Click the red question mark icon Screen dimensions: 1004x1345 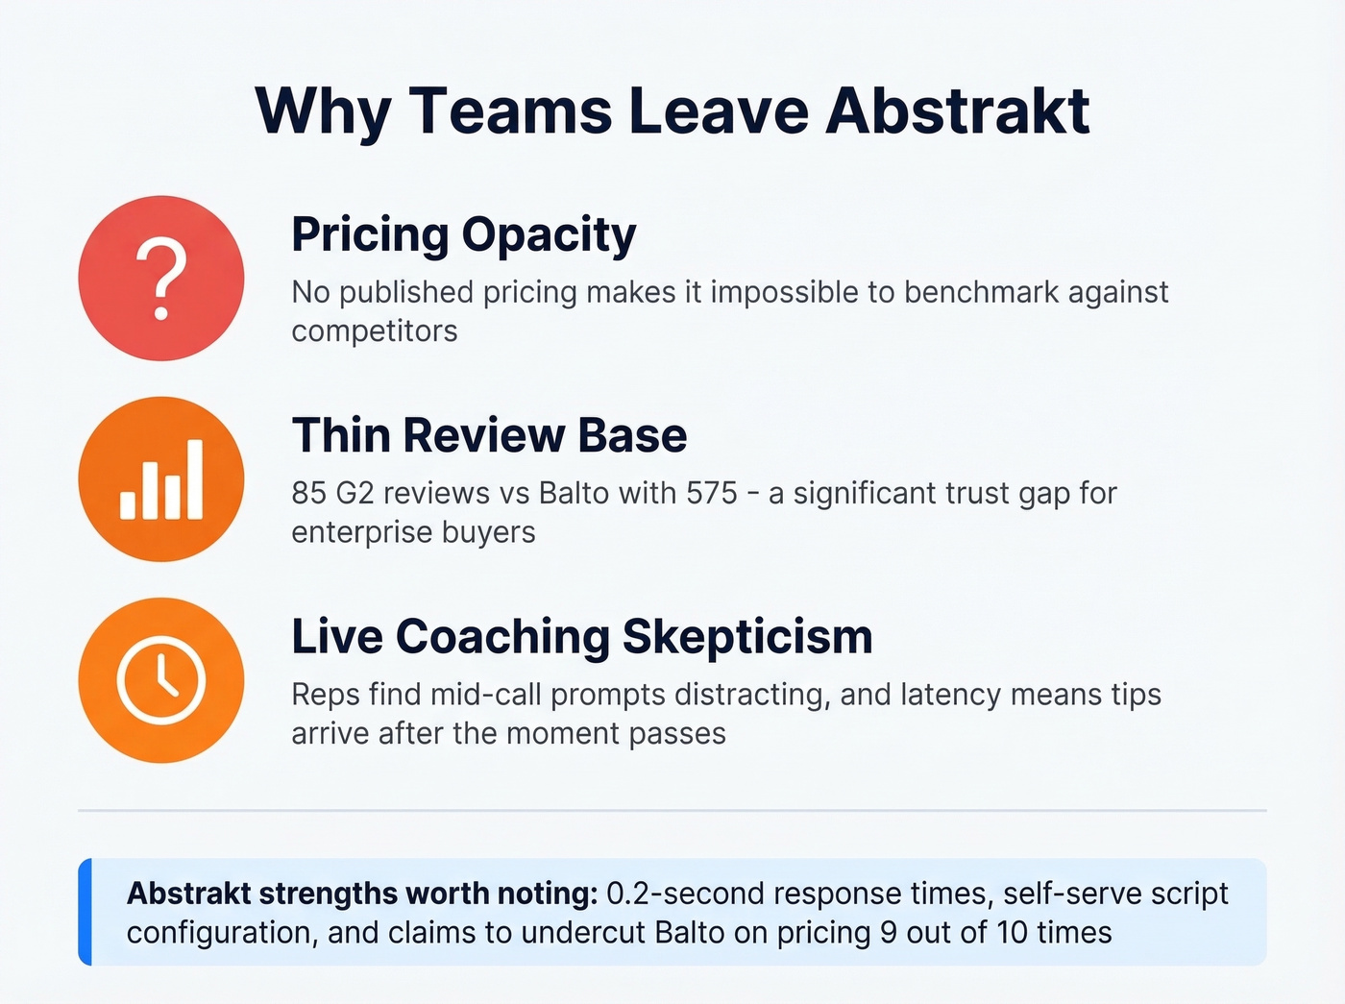(161, 279)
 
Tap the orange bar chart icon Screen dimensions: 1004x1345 (161, 479)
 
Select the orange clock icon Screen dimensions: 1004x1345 (161, 680)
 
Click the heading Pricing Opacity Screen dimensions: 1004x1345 (463, 234)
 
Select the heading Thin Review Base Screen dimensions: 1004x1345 (489, 435)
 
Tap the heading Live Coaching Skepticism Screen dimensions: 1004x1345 (581, 636)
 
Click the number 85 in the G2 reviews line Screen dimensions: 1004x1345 (309, 493)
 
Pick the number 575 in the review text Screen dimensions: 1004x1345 (711, 493)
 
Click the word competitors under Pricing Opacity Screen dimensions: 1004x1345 (375, 331)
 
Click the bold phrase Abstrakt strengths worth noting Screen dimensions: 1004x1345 (362, 894)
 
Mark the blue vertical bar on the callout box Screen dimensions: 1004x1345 (86, 911)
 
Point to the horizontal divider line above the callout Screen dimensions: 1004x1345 (672, 810)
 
